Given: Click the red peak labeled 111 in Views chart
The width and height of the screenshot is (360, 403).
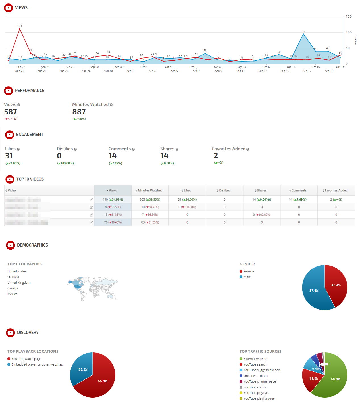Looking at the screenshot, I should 20,29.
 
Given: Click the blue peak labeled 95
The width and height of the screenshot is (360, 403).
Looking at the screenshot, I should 303,34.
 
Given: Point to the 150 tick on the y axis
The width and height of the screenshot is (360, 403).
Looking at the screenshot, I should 349,16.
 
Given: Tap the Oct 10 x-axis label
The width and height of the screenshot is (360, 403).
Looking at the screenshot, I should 242,67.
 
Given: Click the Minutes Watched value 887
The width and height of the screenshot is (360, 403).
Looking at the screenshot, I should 79,112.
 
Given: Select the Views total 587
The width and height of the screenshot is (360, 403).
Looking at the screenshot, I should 11,112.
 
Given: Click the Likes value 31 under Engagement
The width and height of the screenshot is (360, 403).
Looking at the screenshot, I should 9,156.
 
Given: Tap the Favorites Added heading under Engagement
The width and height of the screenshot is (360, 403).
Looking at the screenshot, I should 229,149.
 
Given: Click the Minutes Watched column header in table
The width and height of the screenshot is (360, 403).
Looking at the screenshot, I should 150,191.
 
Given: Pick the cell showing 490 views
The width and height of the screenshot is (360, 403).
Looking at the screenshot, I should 113,199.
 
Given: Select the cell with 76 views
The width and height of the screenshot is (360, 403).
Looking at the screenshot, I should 113,222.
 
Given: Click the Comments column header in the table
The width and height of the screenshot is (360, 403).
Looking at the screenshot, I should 299,191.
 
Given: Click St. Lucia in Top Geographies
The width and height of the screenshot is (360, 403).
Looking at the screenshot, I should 13,277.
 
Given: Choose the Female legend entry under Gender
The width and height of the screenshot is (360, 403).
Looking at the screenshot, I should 249,271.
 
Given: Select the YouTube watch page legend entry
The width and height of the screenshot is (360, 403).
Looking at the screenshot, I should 26,359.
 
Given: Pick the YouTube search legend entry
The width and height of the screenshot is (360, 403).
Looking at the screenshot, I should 255,364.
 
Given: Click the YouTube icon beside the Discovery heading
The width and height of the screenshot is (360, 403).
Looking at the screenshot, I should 11,333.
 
